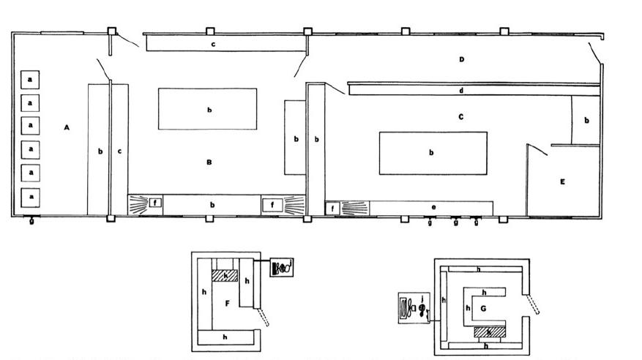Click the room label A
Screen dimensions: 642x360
tap(67, 127)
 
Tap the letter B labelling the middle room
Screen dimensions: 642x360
tap(209, 162)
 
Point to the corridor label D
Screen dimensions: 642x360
tap(462, 59)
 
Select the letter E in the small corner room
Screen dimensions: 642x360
tap(562, 181)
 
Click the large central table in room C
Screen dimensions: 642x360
tap(433, 153)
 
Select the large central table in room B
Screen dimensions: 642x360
tap(208, 109)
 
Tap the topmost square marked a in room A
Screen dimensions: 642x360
tap(30, 79)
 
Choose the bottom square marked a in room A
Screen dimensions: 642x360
tap(30, 197)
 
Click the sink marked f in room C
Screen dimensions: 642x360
tap(332, 209)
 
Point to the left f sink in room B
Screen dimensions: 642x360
tap(155, 204)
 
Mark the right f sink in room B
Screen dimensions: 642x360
tap(272, 204)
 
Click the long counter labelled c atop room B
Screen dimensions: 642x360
tap(225, 44)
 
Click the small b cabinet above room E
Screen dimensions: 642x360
tap(586, 120)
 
